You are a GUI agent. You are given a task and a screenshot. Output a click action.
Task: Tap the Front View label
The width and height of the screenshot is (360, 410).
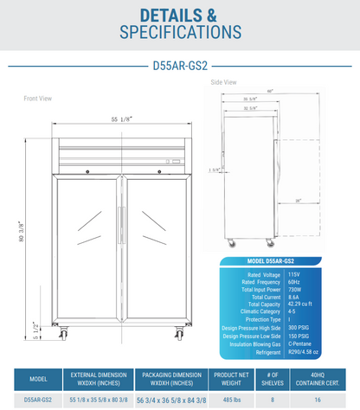pyautogui.click(x=37, y=99)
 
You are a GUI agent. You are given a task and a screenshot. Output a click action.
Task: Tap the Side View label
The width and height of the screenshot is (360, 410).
pyautogui.click(x=224, y=82)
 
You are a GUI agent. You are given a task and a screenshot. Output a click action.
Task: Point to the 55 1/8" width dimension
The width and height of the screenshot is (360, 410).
pyautogui.click(x=122, y=119)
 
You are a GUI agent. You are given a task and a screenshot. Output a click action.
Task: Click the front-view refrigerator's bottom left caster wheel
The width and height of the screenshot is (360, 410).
pyautogui.click(x=63, y=333)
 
